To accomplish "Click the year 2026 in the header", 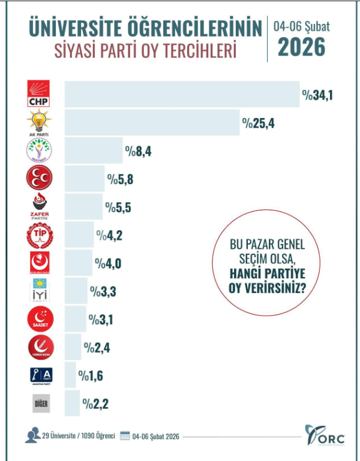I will pos(301,46).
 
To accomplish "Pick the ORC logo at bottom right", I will pos(323,435).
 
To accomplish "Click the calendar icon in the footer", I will pos(125,436).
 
